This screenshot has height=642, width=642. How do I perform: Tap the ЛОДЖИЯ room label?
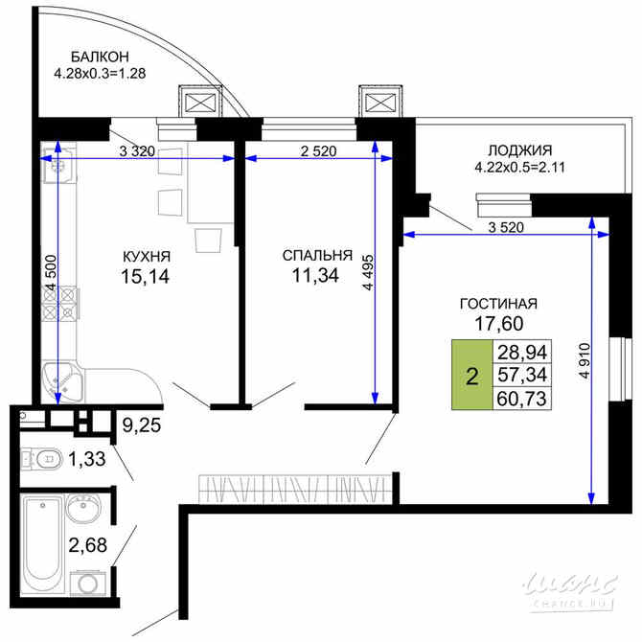tap(518, 150)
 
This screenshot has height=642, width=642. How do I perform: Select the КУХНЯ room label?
tap(147, 256)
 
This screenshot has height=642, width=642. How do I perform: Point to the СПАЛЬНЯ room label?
tap(317, 256)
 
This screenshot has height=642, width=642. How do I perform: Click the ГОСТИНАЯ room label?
tap(497, 304)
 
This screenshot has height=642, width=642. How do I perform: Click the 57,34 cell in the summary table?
tap(519, 375)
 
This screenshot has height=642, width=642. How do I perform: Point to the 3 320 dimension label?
tap(138, 150)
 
